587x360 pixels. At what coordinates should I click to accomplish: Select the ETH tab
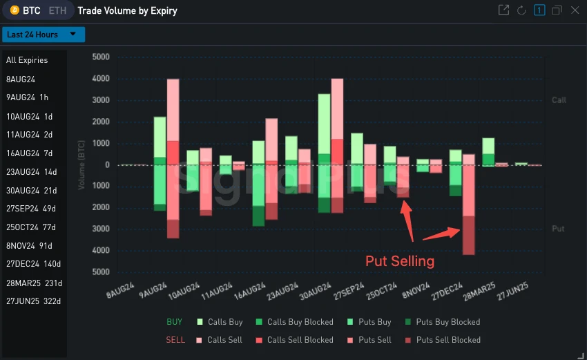click(x=57, y=10)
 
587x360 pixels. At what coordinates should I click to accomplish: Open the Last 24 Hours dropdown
click(x=43, y=35)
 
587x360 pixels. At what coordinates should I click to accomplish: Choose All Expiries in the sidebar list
click(x=27, y=60)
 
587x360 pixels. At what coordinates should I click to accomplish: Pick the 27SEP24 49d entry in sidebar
click(x=32, y=209)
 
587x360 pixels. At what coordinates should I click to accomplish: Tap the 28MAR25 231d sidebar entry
click(x=34, y=283)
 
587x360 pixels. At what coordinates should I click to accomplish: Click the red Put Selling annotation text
click(x=400, y=261)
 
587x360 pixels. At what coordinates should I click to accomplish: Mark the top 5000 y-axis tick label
click(x=101, y=57)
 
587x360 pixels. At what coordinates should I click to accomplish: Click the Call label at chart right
click(x=559, y=100)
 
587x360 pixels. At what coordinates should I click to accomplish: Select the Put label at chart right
click(x=559, y=229)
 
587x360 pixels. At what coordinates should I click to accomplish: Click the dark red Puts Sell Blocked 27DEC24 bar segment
click(x=468, y=235)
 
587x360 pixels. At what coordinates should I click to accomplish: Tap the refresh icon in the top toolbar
click(x=521, y=10)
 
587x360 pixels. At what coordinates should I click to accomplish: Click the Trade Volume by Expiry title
click(x=127, y=10)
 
